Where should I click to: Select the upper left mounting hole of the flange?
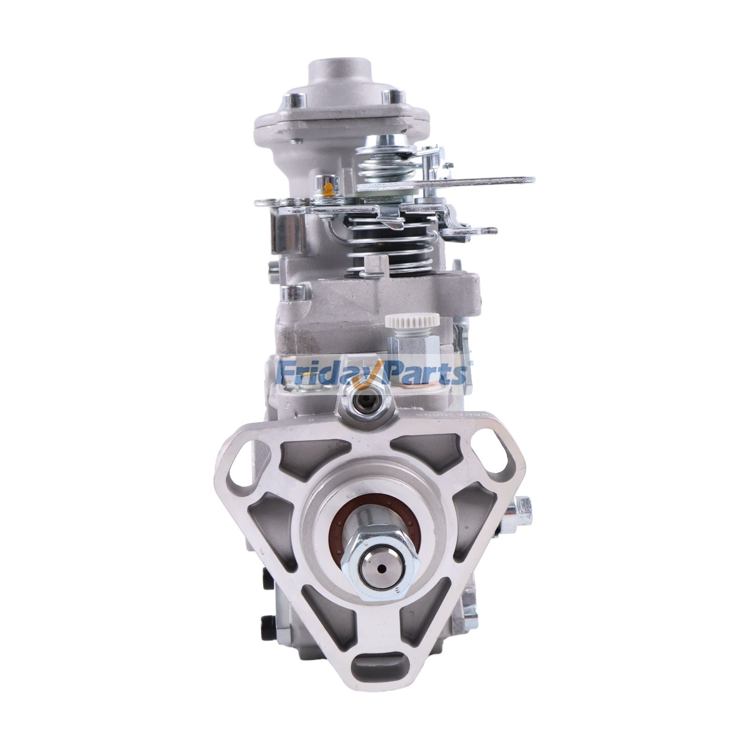[243, 461]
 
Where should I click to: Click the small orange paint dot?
[330, 188]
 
